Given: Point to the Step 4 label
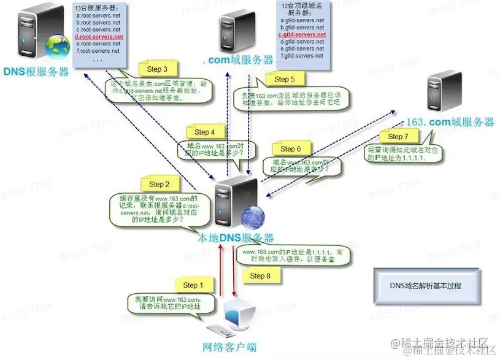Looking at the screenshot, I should point(205,132).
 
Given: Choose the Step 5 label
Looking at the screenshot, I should point(285,79).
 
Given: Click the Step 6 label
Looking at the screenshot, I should point(291,149).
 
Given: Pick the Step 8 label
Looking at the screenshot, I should point(260,276).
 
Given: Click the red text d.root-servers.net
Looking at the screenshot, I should point(99,37).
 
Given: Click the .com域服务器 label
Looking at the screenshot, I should point(238,59).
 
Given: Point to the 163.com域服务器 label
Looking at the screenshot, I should point(451,121).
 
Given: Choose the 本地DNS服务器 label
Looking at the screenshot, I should point(234,238).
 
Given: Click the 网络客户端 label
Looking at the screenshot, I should point(230,348).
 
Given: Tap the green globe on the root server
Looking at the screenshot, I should point(60,45).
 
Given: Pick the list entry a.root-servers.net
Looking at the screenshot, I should point(99,15).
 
